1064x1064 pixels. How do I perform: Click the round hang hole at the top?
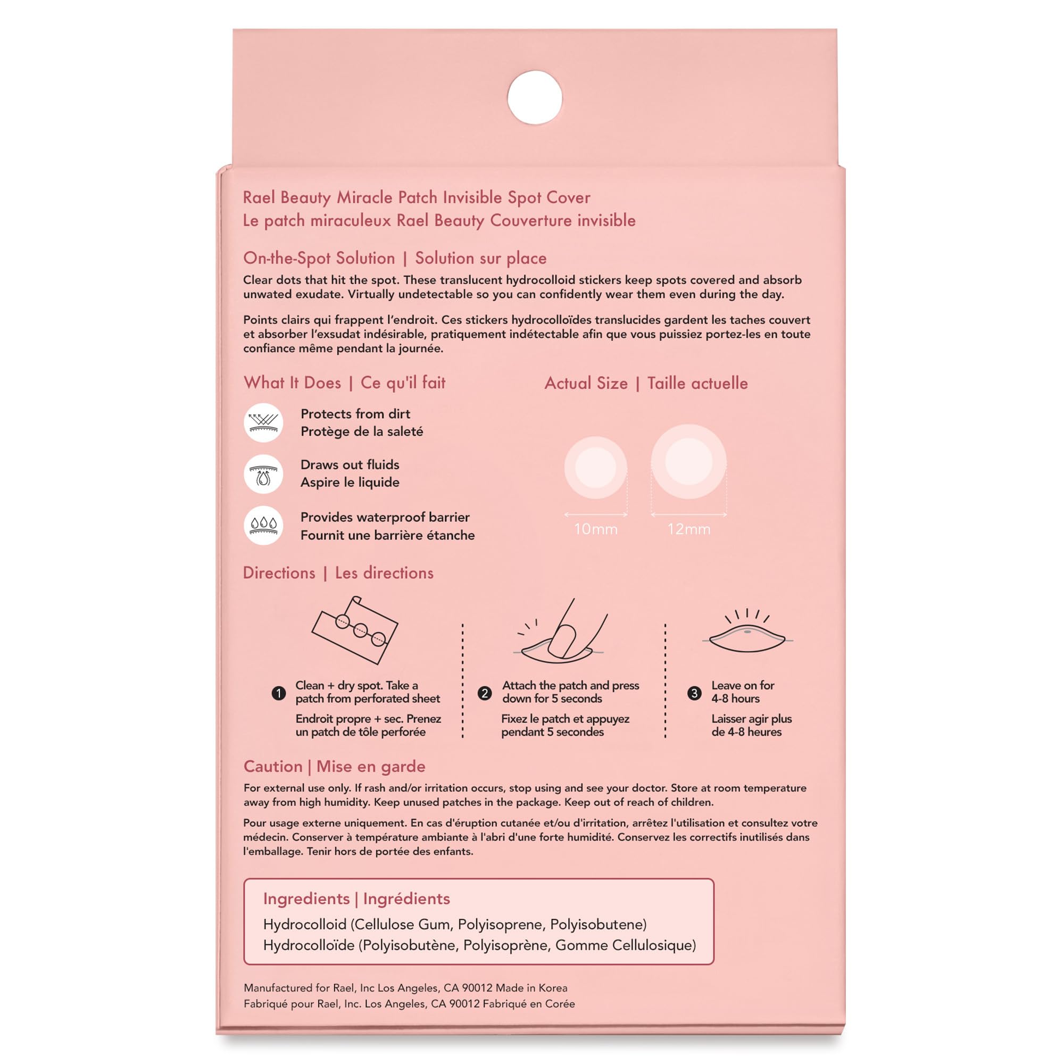(534, 97)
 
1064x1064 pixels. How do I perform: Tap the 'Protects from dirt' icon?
(263, 422)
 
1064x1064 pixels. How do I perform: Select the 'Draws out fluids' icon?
(263, 473)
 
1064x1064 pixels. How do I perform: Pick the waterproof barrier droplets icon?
(263, 526)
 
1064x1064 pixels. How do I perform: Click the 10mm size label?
(595, 529)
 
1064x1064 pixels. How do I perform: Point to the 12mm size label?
(688, 529)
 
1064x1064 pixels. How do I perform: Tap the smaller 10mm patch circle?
(595, 468)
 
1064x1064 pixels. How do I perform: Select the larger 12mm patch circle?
(688, 461)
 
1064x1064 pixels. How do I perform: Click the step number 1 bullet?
(279, 693)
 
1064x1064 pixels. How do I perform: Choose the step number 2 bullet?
(485, 693)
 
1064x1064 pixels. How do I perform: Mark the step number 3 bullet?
(694, 693)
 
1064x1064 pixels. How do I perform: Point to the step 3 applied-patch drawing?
(747, 636)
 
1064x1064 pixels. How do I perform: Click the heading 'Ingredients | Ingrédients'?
(356, 899)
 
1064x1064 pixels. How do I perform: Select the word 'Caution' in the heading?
(273, 767)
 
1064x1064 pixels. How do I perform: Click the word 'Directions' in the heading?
(279, 573)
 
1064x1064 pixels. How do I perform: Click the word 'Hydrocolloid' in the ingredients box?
(304, 924)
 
